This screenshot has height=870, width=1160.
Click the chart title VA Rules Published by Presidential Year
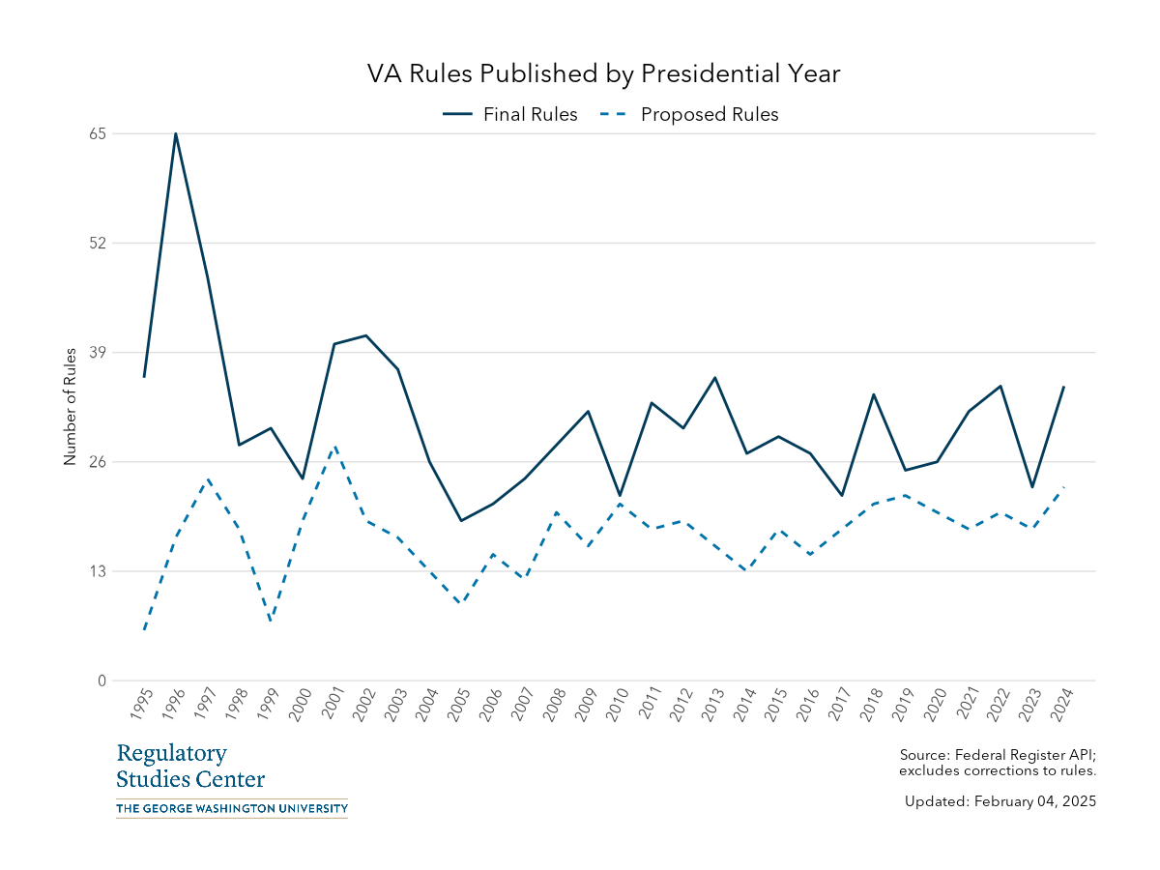[x=604, y=74]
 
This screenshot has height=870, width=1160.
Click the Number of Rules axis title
[x=70, y=407]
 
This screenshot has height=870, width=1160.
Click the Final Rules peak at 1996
[x=176, y=133]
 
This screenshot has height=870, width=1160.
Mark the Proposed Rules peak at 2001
[x=334, y=446]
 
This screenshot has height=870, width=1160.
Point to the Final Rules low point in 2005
[x=461, y=521]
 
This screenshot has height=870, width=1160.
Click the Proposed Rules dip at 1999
[x=271, y=621]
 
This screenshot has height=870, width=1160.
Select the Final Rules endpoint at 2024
[x=1064, y=387]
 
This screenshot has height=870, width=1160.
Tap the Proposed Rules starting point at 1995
[x=144, y=630]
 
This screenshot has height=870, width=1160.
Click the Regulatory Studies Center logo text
[x=190, y=767]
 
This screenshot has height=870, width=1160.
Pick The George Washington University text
[x=231, y=808]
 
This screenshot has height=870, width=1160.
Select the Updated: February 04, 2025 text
[x=1000, y=801]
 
